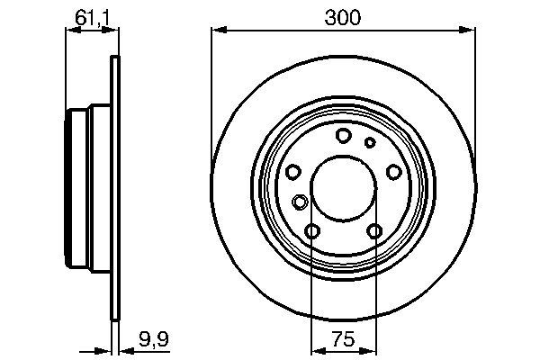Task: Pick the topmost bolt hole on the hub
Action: pyautogui.click(x=343, y=135)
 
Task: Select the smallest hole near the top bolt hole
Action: pyautogui.click(x=369, y=142)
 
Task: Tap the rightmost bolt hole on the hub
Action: pyautogui.click(x=393, y=173)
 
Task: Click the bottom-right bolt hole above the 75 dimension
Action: pyautogui.click(x=374, y=233)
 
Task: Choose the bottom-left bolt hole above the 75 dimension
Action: pyautogui.click(x=311, y=233)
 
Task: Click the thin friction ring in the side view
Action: pyautogui.click(x=114, y=189)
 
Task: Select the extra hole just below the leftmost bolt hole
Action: pyautogui.click(x=300, y=202)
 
